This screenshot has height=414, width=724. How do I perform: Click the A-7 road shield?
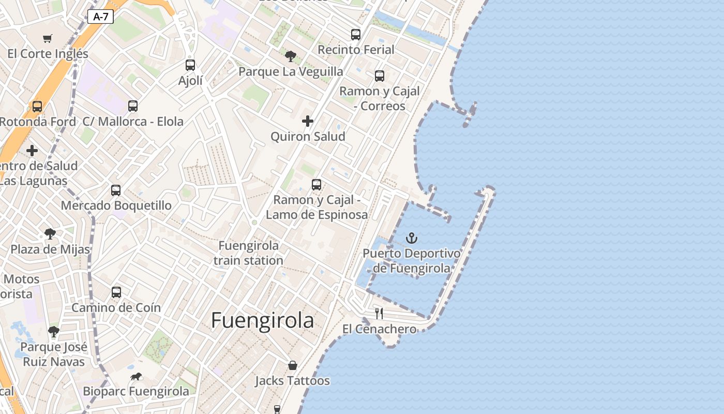pos(101,17)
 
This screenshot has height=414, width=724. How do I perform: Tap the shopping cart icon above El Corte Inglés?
pos(48,38)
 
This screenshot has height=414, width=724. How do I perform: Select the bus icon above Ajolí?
pos(190,65)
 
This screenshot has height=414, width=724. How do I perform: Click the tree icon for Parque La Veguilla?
pos(291,56)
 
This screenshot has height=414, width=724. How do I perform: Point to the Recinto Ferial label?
pos(356,50)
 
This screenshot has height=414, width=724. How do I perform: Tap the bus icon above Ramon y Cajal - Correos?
pos(380,76)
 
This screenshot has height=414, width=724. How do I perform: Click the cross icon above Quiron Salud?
pos(308,121)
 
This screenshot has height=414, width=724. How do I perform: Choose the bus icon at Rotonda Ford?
pos(37,107)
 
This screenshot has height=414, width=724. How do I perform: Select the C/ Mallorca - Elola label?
pos(133,122)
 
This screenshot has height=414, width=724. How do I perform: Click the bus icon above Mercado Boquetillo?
pos(116,190)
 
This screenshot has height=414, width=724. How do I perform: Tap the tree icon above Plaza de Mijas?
pos(50,234)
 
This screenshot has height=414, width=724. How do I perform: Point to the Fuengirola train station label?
pos(249,253)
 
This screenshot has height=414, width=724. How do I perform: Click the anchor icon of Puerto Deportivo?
pos(412,238)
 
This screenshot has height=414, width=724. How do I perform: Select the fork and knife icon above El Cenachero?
pos(379,313)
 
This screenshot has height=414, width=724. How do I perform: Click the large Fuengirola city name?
pos(262,321)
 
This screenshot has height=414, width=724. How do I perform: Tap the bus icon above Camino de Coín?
pos(116,292)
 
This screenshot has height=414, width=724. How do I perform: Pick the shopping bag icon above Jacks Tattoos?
pos(293,365)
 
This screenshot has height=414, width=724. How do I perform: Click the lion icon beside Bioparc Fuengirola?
pos(137,376)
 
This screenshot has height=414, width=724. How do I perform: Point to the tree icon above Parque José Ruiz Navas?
pos(54,331)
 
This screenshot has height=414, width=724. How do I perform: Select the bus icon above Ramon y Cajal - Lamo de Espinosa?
pos(316,184)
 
